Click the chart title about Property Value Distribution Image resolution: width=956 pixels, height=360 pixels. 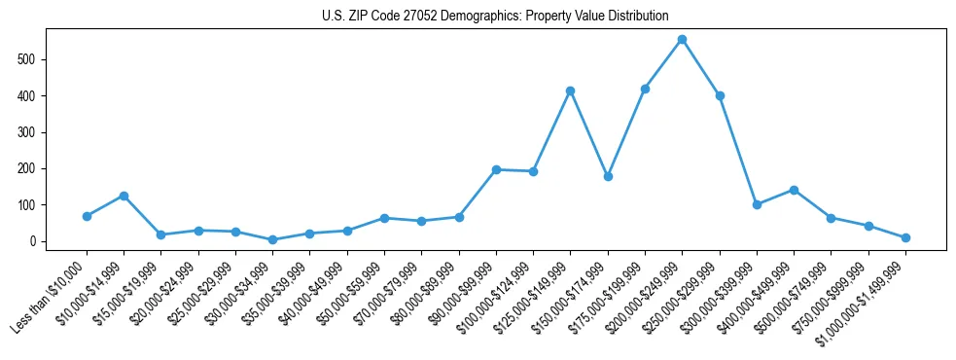pos(495,16)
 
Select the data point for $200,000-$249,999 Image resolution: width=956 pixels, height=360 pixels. pos(682,40)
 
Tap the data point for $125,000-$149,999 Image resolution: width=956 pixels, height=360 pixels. pos(570,90)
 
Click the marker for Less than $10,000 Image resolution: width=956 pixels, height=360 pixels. pos(87,216)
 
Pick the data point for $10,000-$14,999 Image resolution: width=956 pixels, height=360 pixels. pos(124,196)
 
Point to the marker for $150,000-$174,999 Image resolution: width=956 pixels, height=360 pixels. pos(608,177)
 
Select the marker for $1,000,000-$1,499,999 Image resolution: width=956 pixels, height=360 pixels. pos(905,237)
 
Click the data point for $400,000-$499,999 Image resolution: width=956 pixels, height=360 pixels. pos(794,190)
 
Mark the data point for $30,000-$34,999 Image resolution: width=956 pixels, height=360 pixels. pos(272,239)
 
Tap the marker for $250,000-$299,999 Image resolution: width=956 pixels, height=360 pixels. pos(720,95)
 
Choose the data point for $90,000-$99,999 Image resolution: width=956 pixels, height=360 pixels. pos(496,169)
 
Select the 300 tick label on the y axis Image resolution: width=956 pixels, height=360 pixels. pos(33,132)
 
